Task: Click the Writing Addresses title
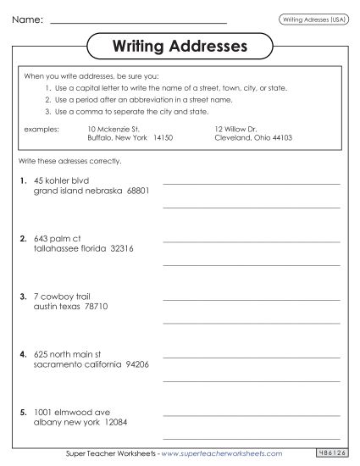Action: pos(180,45)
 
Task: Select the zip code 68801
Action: pos(136,191)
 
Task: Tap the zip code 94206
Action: pos(135,365)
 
